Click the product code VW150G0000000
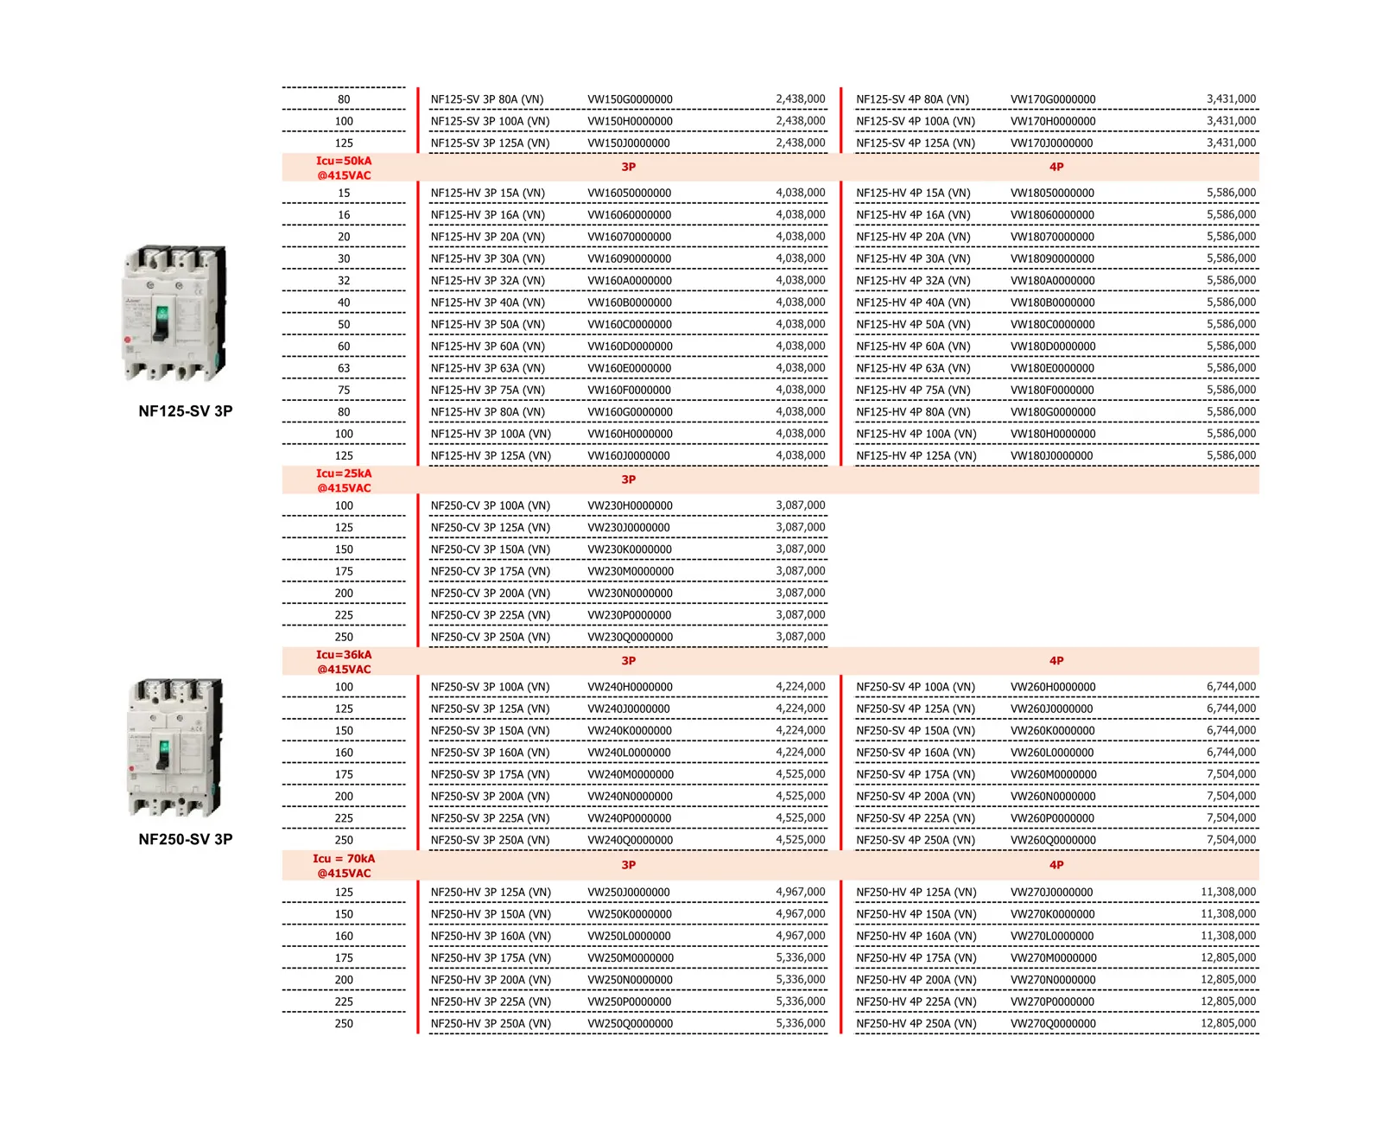pos(630,99)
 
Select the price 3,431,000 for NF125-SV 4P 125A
pos(1231,143)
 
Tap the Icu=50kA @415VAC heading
pos(344,168)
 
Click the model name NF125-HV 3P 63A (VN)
pos(487,368)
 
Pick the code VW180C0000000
pos(1052,325)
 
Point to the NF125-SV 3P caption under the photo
pos(186,411)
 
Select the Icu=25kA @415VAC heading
pos(344,480)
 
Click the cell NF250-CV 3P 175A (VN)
pos(490,571)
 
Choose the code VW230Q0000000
pos(630,637)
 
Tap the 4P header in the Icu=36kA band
pos(1056,661)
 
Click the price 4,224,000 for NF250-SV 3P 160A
pos(800,753)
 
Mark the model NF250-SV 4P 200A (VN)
pos(915,797)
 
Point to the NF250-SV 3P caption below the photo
pos(186,839)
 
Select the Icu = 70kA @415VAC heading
pos(344,866)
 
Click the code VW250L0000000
pos(629,936)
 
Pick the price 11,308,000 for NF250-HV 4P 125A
pos(1227,892)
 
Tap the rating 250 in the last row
pos(344,1023)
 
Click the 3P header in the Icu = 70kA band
pos(628,865)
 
